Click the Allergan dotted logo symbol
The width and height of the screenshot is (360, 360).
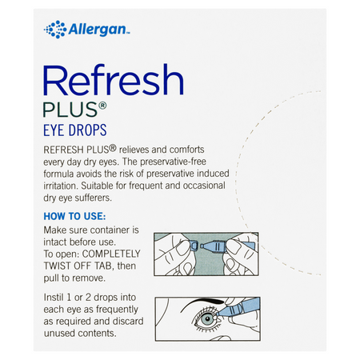(55, 30)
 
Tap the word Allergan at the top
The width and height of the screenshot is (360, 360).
(97, 29)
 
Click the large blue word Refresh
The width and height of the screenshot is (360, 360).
(114, 80)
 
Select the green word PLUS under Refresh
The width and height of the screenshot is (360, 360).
(70, 110)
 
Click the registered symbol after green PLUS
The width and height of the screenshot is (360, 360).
(102, 106)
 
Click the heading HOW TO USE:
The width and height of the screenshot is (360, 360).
(74, 216)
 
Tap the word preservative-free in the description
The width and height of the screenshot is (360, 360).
(173, 162)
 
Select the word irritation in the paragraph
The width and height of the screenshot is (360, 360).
(60, 186)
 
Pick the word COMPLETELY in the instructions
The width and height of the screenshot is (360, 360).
(111, 254)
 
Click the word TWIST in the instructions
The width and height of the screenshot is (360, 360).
(58, 266)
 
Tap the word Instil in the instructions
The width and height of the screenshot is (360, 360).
(54, 298)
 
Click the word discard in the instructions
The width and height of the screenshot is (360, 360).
(128, 321)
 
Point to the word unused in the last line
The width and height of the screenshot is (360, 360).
(58, 334)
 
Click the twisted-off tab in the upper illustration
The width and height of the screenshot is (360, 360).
(194, 246)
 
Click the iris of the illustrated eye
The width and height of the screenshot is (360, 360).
(206, 319)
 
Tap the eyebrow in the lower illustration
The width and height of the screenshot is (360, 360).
(202, 304)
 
